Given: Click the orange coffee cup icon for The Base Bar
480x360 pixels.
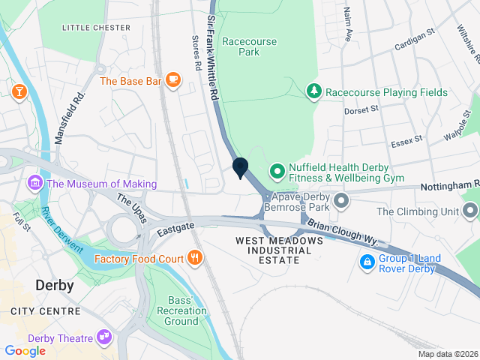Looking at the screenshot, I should (173, 80).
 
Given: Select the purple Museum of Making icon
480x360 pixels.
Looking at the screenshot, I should (34, 184).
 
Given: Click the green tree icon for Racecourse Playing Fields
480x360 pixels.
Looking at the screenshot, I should (314, 92).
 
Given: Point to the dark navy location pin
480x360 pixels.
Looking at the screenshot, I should (241, 168).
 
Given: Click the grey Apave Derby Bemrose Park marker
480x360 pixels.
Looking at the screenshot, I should (342, 200).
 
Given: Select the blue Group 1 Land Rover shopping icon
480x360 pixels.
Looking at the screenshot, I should (367, 262).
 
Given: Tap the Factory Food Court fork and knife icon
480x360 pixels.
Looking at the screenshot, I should (195, 259).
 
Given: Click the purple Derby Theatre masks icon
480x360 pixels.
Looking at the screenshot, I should (104, 338).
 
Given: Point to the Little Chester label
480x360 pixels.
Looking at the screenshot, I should (96, 28).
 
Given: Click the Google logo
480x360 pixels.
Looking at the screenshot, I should (25, 351).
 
